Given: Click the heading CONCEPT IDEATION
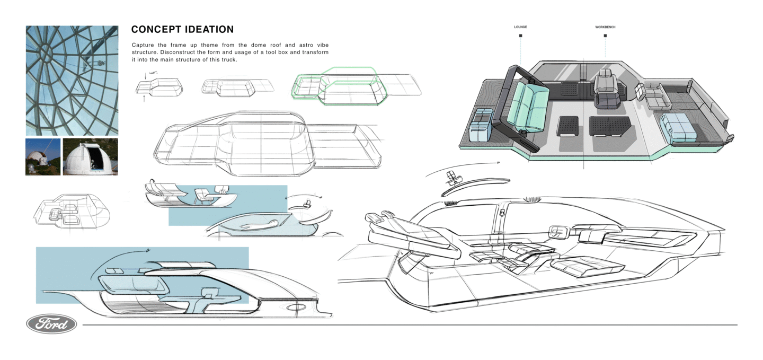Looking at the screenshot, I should [182, 30].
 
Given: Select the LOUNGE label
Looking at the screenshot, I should [520, 27].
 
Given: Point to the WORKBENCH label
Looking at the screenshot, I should [605, 27].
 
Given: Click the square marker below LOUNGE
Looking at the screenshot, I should [520, 36].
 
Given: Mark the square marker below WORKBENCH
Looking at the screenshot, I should [605, 36].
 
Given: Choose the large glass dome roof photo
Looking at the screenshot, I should [72, 80].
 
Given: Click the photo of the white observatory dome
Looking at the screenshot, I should [90, 157].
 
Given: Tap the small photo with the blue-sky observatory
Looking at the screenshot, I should [42, 157].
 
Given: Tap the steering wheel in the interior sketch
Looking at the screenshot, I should [557, 231].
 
